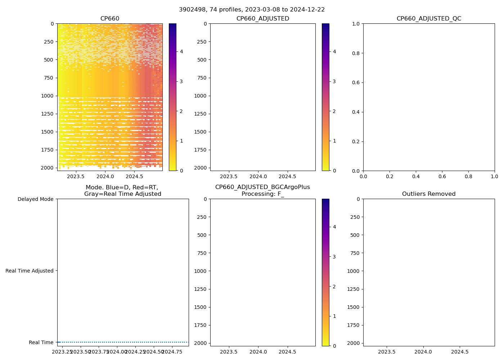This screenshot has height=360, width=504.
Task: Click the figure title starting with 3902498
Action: click(x=252, y=10)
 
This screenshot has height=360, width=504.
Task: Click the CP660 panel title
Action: click(x=110, y=19)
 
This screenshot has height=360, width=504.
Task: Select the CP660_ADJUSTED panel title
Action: click(x=263, y=19)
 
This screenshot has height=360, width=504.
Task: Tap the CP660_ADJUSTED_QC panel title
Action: click(x=429, y=19)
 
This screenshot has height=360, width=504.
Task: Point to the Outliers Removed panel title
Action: click(x=429, y=194)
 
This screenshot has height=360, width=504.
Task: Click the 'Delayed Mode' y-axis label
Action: click(x=35, y=199)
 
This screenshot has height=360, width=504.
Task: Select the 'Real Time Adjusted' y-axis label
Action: click(x=30, y=271)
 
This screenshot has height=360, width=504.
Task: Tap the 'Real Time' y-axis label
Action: click(x=41, y=342)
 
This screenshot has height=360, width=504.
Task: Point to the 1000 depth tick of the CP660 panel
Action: click(x=48, y=96)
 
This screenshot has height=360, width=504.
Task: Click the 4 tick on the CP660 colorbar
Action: click(x=181, y=51)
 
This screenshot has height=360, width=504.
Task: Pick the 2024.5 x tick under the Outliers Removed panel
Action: click(x=460, y=352)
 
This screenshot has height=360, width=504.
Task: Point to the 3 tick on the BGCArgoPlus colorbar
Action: click(x=334, y=257)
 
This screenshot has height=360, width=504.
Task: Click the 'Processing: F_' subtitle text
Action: click(x=263, y=194)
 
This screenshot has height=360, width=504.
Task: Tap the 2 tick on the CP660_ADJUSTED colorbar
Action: click(x=334, y=111)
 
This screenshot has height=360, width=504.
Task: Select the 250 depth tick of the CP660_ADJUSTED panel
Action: click(x=202, y=42)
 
